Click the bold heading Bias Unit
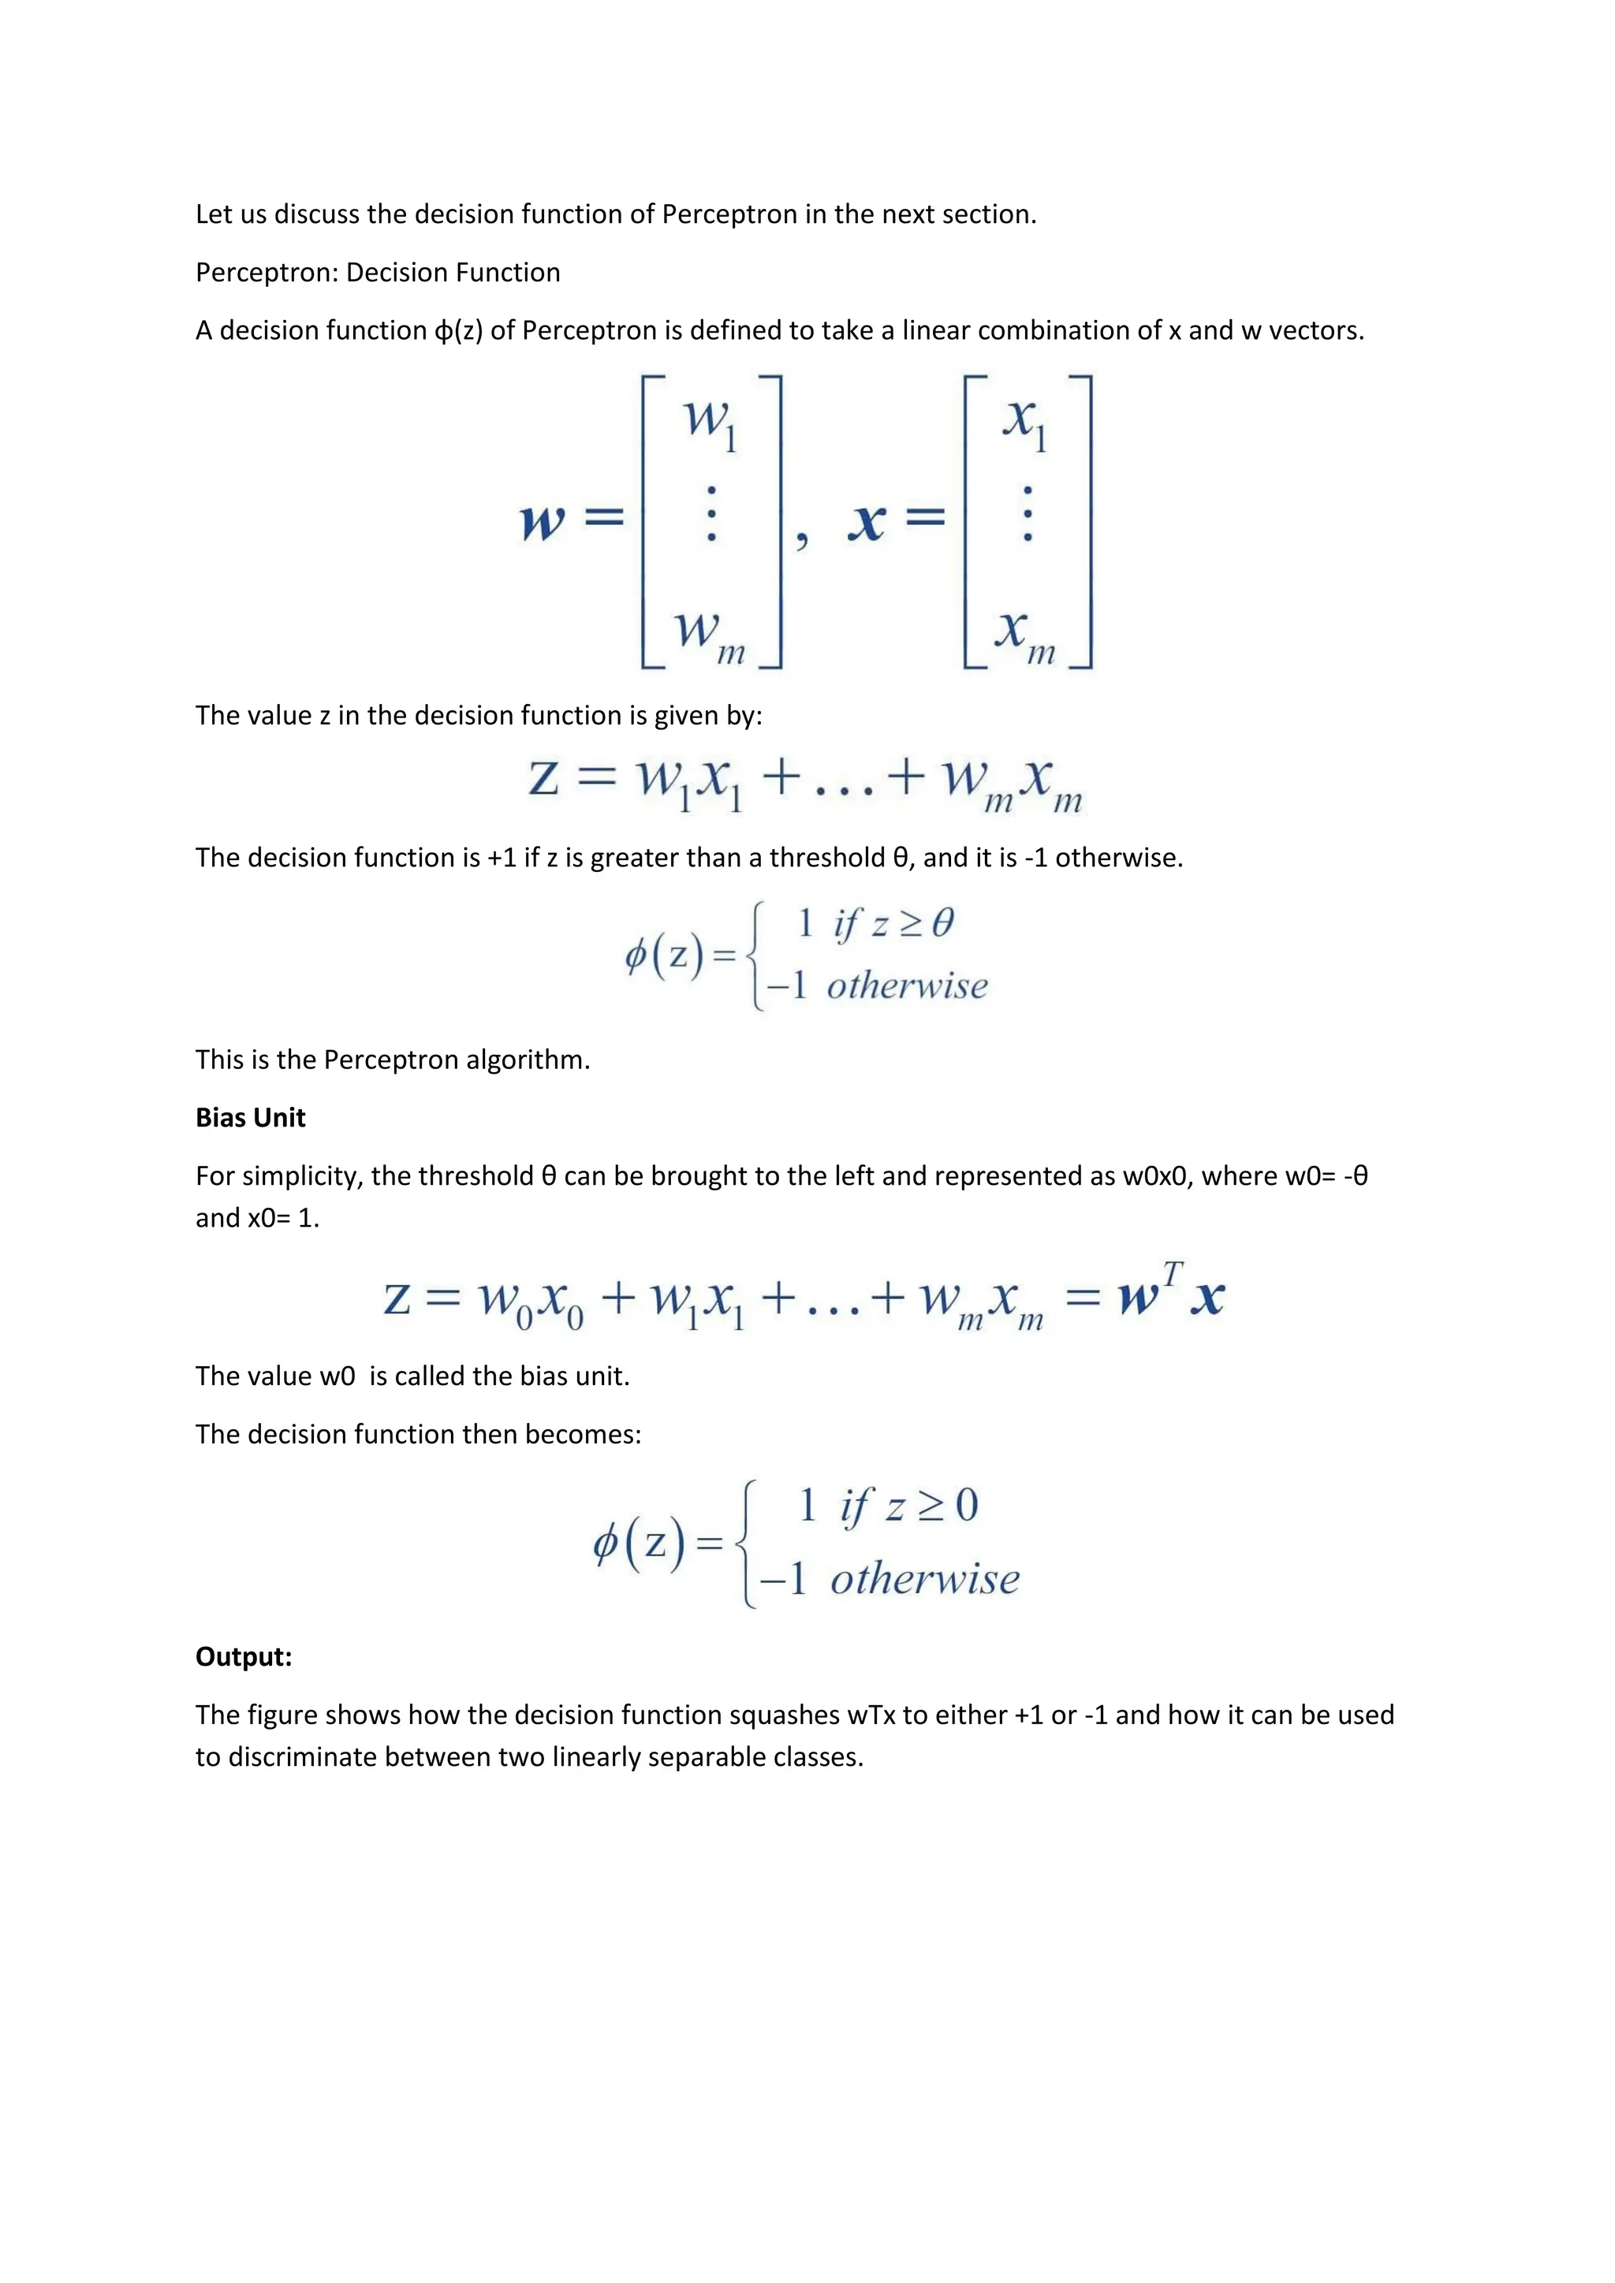pyautogui.click(x=250, y=1118)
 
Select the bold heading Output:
pyautogui.click(x=244, y=1656)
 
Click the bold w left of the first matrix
pyautogui.click(x=543, y=520)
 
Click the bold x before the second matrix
pyautogui.click(x=866, y=520)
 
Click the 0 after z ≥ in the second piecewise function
pyautogui.click(x=967, y=1506)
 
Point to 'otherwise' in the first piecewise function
pyautogui.click(x=907, y=986)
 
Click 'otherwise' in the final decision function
pyautogui.click(x=925, y=1579)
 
